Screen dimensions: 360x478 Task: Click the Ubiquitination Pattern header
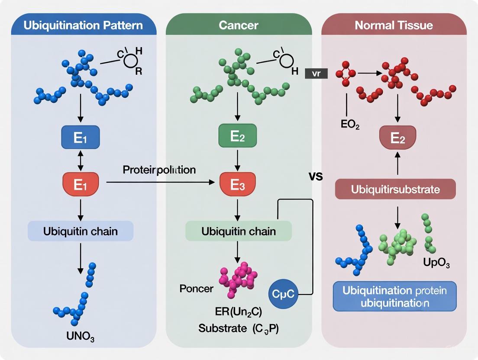(x=83, y=25)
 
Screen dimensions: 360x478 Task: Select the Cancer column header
(x=239, y=25)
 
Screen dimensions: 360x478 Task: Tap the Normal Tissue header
(x=394, y=25)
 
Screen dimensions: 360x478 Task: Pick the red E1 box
(x=80, y=184)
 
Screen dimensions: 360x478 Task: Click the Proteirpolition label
(x=159, y=170)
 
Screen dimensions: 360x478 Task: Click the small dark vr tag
(x=316, y=74)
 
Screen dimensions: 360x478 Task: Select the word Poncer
(x=196, y=289)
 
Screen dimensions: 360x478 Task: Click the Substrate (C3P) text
(x=239, y=328)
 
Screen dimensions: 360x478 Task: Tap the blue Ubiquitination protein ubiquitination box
(x=394, y=296)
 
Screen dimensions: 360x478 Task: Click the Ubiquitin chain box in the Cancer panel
(x=239, y=231)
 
